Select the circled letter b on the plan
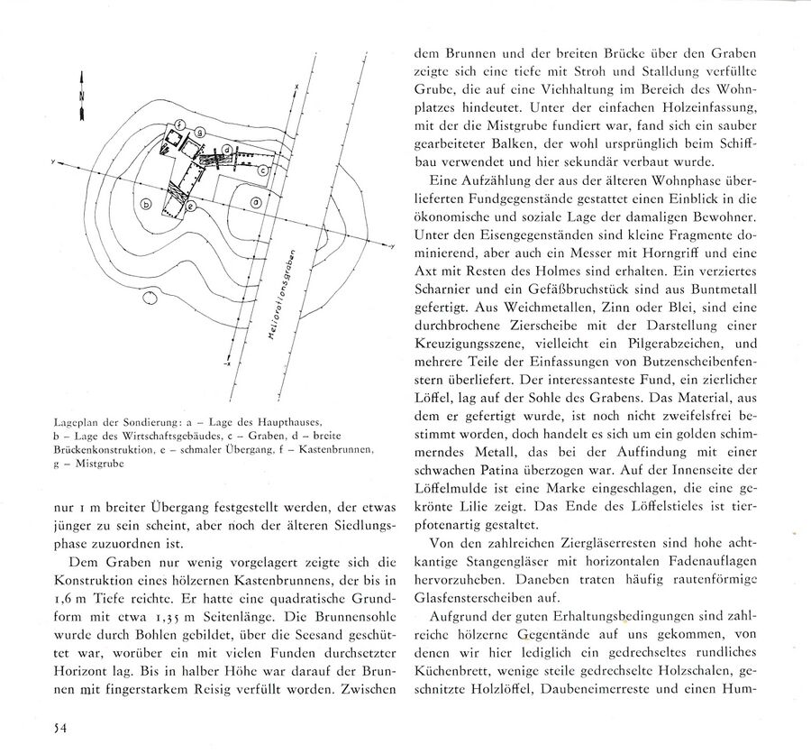(146, 205)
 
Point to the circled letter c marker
(261, 170)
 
